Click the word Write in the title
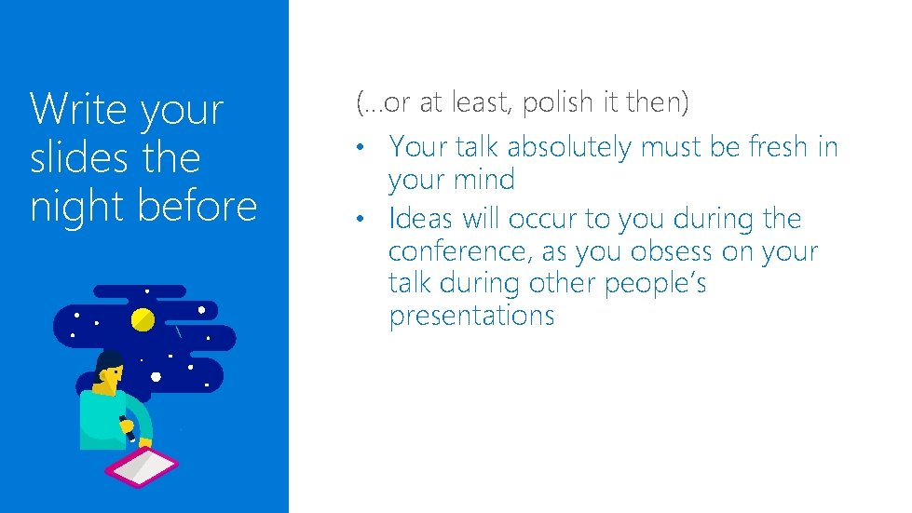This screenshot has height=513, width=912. click(x=81, y=109)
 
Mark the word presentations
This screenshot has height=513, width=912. click(x=471, y=317)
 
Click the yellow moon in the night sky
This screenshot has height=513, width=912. click(x=143, y=320)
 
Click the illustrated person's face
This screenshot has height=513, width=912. click(x=113, y=377)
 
